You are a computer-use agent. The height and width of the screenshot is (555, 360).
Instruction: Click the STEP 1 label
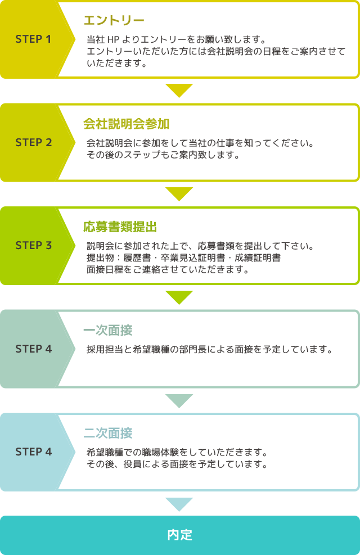(33, 39)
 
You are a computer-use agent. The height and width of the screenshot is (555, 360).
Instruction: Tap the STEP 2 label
(33, 142)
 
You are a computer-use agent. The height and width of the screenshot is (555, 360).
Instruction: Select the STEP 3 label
(33, 245)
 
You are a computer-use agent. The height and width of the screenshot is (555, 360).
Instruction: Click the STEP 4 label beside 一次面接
(33, 349)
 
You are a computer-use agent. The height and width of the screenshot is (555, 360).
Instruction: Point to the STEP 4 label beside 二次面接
(33, 452)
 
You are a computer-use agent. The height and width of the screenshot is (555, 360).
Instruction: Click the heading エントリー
(114, 20)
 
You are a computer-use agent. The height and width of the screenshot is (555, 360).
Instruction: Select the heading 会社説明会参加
(127, 124)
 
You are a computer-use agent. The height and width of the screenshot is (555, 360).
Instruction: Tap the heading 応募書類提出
(120, 227)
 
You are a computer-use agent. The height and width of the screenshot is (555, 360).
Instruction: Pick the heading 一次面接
(108, 330)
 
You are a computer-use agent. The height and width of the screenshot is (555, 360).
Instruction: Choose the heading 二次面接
(108, 433)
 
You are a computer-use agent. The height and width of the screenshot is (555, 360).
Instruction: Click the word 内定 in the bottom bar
(180, 535)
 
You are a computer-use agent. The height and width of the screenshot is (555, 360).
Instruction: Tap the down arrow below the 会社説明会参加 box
(179, 193)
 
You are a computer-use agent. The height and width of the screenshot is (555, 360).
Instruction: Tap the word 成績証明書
(258, 258)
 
